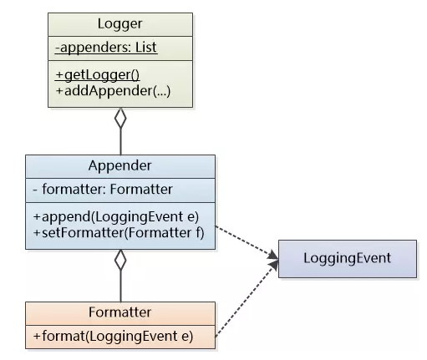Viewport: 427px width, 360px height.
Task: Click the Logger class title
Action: click(x=120, y=24)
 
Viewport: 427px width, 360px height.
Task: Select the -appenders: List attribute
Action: click(x=106, y=48)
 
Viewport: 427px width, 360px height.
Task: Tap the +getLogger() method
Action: click(x=97, y=75)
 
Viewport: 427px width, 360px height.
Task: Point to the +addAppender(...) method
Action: click(x=113, y=91)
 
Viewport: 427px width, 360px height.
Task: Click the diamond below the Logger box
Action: click(x=120, y=119)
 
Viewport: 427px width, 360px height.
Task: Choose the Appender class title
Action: click(x=120, y=165)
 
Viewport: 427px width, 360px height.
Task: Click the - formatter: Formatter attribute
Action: click(x=103, y=190)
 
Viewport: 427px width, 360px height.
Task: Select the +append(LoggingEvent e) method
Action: click(x=116, y=217)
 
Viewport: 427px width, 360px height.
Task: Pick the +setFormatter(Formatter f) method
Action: click(x=119, y=233)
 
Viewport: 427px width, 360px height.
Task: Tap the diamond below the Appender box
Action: click(x=120, y=260)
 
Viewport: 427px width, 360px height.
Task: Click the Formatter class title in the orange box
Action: click(x=120, y=312)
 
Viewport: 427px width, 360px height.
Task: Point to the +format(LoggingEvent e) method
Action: click(x=113, y=336)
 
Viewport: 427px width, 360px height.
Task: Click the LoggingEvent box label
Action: click(x=348, y=258)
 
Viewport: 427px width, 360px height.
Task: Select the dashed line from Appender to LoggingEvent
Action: click(x=247, y=242)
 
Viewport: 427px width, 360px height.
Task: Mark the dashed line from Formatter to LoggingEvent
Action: click(x=247, y=298)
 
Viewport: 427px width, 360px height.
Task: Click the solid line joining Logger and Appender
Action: click(x=120, y=142)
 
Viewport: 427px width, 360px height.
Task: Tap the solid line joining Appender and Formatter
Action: click(x=120, y=286)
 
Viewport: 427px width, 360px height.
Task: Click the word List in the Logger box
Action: click(x=146, y=48)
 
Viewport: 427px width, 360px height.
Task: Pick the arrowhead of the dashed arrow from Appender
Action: click(x=273, y=256)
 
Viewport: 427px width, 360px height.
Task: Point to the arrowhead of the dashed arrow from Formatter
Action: click(x=274, y=265)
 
